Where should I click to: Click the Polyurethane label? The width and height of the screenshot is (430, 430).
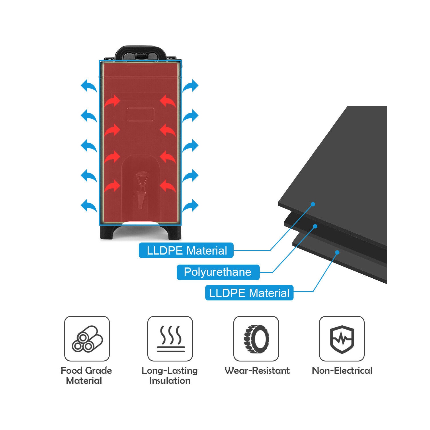[x=218, y=272]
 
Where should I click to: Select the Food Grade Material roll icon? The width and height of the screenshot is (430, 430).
[x=87, y=339]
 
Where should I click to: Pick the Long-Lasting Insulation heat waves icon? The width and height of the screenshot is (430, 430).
[x=170, y=339]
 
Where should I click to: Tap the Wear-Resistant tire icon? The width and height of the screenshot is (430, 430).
[x=256, y=339]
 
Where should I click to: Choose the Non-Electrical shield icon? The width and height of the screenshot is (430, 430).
[x=342, y=339]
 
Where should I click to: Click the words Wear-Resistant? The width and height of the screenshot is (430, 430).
[x=257, y=371]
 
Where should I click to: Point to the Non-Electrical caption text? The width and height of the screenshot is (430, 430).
[x=342, y=371]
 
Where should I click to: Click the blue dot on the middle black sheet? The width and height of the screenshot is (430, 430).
[x=315, y=226]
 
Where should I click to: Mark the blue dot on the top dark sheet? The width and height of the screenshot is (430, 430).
[x=313, y=204]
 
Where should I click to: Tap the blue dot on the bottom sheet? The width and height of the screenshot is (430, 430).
[x=337, y=252]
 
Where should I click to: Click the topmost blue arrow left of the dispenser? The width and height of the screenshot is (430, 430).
[x=89, y=86]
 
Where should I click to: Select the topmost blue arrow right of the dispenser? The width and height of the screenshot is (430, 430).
[x=190, y=86]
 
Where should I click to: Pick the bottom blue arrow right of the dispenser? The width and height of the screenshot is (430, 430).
[x=190, y=206]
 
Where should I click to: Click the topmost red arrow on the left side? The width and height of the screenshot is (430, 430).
[x=112, y=101]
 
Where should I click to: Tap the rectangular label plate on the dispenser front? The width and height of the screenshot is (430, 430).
[x=140, y=114]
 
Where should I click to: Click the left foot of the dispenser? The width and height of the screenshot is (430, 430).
[x=107, y=233]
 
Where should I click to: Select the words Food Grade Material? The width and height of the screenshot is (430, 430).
[x=86, y=376]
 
